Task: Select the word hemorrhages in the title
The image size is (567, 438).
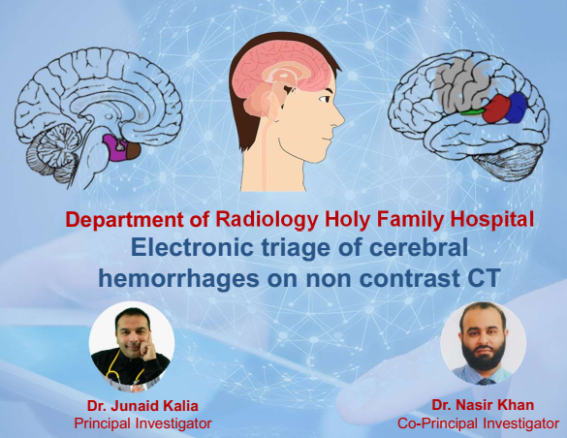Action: coord(179,279)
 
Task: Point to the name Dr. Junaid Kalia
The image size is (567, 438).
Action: coord(142,406)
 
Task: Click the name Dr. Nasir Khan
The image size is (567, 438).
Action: coord(483,405)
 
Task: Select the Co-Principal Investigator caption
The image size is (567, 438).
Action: coord(479,423)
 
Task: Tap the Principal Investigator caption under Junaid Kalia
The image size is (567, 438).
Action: coord(142,423)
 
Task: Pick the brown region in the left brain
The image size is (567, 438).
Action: coord(133,149)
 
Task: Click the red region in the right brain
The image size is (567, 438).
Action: coord(497,109)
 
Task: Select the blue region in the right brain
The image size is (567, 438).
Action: coord(518,108)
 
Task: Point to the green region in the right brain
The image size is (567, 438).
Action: coord(472,111)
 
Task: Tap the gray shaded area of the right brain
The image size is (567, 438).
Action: coord(461,88)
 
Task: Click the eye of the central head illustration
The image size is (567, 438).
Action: coord(324,98)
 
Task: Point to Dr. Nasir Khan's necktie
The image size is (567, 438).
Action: coord(484,381)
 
